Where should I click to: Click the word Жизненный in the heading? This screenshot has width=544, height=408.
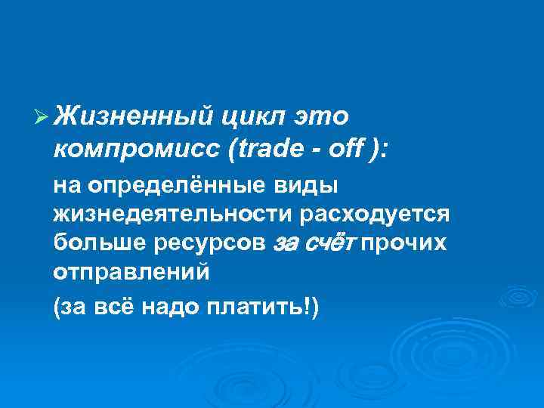(134, 116)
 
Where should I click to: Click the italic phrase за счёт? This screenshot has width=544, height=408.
(317, 243)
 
